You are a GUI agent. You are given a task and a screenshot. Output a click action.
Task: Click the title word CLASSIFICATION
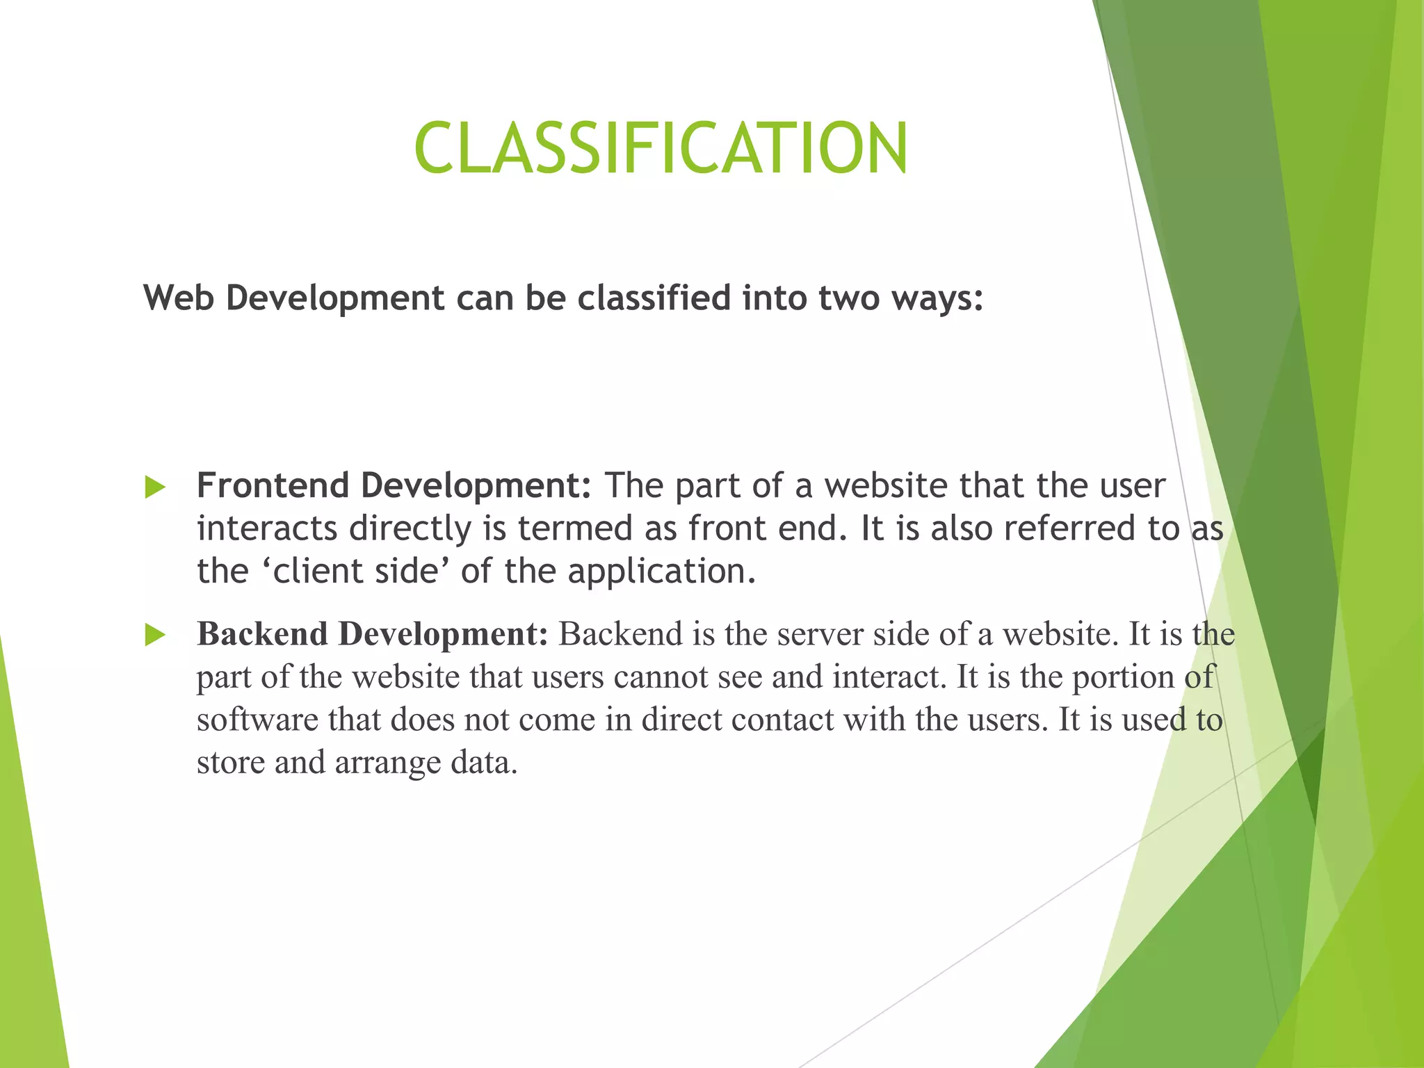pyautogui.click(x=661, y=147)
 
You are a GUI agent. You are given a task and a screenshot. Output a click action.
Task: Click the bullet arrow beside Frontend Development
pyautogui.click(x=155, y=487)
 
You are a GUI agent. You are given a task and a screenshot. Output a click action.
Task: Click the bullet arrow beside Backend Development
pyautogui.click(x=155, y=635)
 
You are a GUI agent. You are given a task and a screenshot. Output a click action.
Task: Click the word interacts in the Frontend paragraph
pyautogui.click(x=267, y=528)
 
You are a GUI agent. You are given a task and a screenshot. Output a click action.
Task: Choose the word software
pyautogui.click(x=257, y=720)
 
